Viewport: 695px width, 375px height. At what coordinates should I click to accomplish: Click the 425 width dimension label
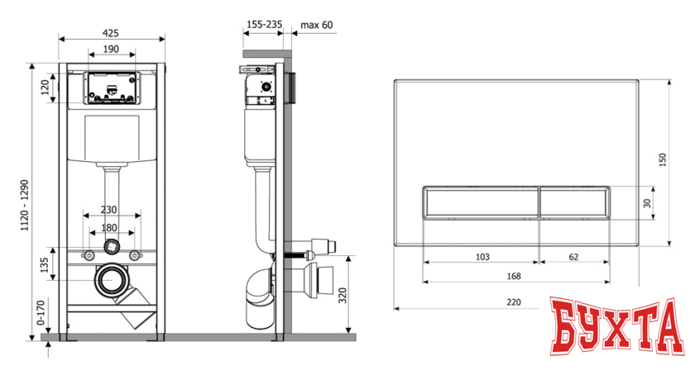pyautogui.click(x=110, y=33)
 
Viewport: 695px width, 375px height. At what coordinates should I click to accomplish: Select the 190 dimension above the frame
pyautogui.click(x=111, y=49)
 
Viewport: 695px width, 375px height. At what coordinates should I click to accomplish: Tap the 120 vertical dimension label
pyautogui.click(x=46, y=88)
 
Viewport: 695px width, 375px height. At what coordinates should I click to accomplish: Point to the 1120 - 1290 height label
pyautogui.click(x=24, y=205)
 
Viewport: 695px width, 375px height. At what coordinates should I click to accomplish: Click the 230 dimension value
pyautogui.click(x=108, y=210)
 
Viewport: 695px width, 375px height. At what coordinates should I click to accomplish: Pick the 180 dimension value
pyautogui.click(x=109, y=228)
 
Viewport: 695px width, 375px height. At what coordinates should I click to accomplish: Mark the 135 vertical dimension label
pyautogui.click(x=45, y=265)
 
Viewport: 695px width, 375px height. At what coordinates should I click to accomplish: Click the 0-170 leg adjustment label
pyautogui.click(x=41, y=313)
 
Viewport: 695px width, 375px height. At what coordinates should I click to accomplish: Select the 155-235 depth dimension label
pyautogui.click(x=264, y=24)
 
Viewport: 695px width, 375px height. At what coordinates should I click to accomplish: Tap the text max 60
pyautogui.click(x=316, y=25)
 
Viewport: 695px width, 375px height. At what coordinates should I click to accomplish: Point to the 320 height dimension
pyautogui.click(x=343, y=296)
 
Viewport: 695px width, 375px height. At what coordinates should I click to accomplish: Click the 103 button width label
pyautogui.click(x=482, y=257)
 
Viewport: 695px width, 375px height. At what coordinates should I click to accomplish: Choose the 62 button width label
pyautogui.click(x=573, y=257)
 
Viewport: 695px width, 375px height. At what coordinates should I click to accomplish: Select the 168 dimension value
pyautogui.click(x=514, y=276)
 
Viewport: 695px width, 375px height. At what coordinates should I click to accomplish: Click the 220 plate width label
pyautogui.click(x=514, y=302)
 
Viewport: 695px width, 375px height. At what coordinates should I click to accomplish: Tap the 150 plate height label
pyautogui.click(x=663, y=159)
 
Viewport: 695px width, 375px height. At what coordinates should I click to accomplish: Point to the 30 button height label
pyautogui.click(x=648, y=202)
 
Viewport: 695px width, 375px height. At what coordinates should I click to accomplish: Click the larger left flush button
pyautogui.click(x=481, y=202)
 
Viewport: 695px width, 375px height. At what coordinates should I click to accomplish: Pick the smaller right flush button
pyautogui.click(x=574, y=202)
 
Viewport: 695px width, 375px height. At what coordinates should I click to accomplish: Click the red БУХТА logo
pyautogui.click(x=617, y=325)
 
